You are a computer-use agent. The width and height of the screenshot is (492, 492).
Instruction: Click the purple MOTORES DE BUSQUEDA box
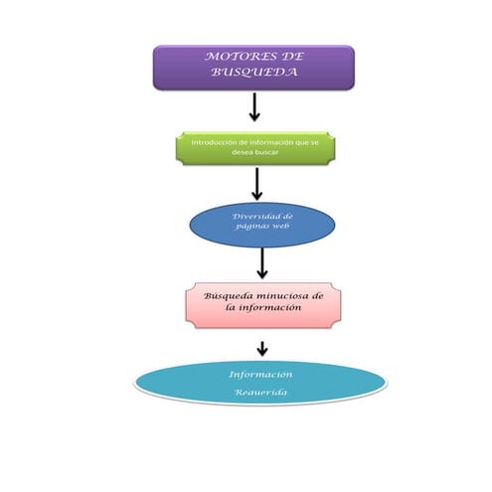pyautogui.click(x=252, y=67)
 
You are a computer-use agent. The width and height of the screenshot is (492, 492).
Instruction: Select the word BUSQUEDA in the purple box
pyautogui.click(x=253, y=74)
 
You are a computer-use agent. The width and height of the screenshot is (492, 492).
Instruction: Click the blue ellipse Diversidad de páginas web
pyautogui.click(x=262, y=223)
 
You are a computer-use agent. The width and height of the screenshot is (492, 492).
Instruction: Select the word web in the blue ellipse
pyautogui.click(x=281, y=228)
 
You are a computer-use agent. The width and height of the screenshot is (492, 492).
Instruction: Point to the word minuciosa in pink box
pyautogui.click(x=279, y=296)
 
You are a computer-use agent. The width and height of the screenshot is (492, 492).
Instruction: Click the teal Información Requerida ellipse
pyautogui.click(x=260, y=384)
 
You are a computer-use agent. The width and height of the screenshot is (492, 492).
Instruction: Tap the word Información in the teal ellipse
pyautogui.click(x=260, y=375)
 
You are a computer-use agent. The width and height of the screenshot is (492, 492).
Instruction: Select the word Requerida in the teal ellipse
pyautogui.click(x=260, y=394)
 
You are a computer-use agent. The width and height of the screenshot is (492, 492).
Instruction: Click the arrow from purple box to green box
pyautogui.click(x=254, y=107)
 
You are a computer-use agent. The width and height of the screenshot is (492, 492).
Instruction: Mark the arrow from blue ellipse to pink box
pyautogui.click(x=262, y=263)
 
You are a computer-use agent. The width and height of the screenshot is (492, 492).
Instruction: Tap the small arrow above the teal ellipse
pyautogui.click(x=262, y=348)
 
